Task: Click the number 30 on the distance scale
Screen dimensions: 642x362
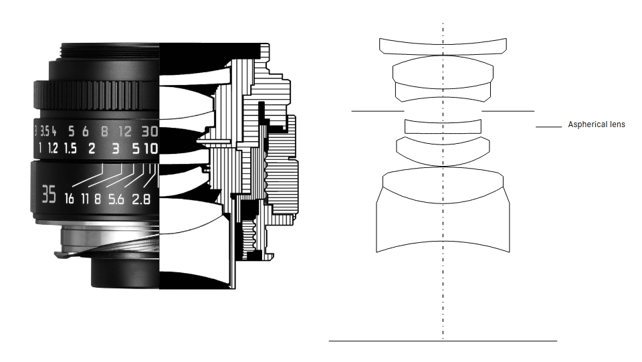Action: [x=150, y=131]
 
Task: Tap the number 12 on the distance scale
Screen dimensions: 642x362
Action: [x=125, y=131]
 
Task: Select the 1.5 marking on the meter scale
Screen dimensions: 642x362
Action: [x=70, y=149]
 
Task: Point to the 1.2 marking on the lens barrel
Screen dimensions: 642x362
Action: [x=53, y=149]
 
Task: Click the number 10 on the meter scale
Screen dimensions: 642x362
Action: [x=151, y=149]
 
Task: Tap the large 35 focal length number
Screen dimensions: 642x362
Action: [x=49, y=194]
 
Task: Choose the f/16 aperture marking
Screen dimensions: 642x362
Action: [x=69, y=199]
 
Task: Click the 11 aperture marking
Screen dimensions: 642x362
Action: [x=85, y=199]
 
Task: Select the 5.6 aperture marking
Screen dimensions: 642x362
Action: [x=116, y=199]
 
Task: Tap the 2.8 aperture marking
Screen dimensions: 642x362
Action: [x=141, y=199]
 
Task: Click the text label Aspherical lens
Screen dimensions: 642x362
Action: [x=597, y=124]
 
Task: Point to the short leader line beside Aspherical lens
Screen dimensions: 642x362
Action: [x=548, y=127]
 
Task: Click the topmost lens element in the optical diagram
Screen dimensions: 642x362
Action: [x=443, y=47]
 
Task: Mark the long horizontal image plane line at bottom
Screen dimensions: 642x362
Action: [x=443, y=341]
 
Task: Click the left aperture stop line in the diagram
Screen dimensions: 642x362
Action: [x=378, y=111]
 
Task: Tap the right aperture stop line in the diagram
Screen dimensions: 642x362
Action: [x=508, y=111]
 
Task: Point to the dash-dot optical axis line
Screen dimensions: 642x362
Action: [x=443, y=180]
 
